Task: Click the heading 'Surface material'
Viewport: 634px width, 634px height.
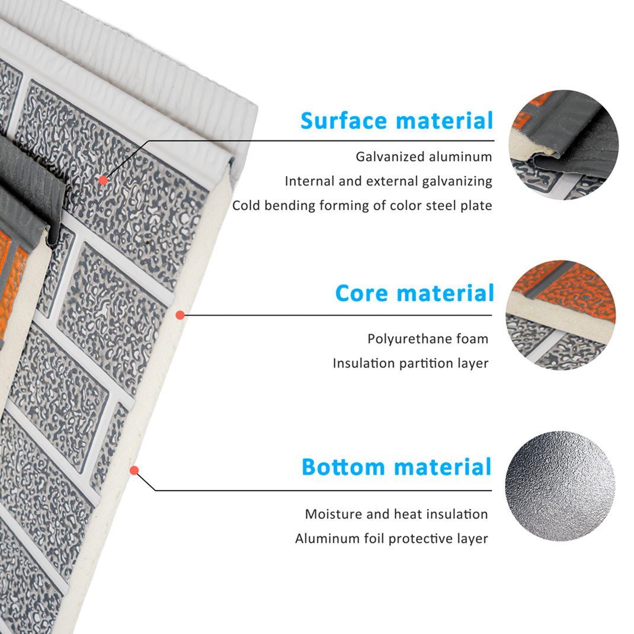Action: [x=396, y=121]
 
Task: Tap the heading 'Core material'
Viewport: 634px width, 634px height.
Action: [x=414, y=293]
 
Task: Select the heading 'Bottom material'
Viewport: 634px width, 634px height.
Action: [x=396, y=467]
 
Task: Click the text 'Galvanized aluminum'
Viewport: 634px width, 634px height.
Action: [x=424, y=157]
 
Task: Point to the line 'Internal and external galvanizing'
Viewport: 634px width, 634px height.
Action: [x=389, y=181]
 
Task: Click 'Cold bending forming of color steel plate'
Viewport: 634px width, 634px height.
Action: [x=362, y=206]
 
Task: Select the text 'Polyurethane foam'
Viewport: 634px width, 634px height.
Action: [x=428, y=339]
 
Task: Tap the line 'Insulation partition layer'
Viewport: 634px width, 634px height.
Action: [x=411, y=363]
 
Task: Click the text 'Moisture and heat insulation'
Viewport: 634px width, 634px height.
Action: [x=396, y=514]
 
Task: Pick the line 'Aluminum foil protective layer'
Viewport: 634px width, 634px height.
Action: [x=392, y=539]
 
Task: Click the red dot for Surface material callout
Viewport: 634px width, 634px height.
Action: [x=103, y=180]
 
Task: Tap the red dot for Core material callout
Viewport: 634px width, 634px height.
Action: [x=180, y=315]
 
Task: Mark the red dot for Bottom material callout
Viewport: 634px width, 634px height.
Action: [x=135, y=470]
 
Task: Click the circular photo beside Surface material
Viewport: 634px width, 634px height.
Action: [x=563, y=145]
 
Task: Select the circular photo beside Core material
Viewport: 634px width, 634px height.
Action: [x=561, y=315]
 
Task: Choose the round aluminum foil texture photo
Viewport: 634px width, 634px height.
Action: [x=560, y=486]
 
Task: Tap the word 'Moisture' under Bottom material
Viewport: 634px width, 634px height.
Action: [x=334, y=514]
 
